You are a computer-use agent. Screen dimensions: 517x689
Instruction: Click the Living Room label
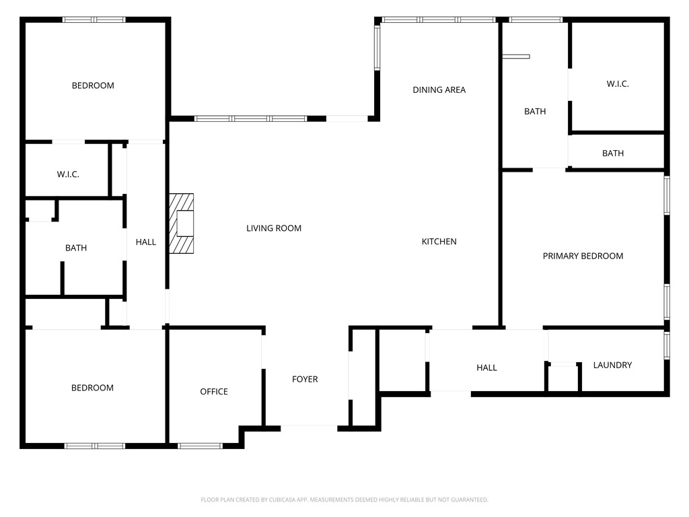(x=273, y=228)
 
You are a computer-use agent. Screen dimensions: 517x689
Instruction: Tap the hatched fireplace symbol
(x=181, y=223)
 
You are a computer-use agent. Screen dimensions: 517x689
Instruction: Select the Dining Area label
(x=439, y=90)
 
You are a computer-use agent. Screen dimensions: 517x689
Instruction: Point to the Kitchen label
(x=439, y=242)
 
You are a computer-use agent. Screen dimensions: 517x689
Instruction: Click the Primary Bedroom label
(x=583, y=256)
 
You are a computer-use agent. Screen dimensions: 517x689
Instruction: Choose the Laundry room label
(x=612, y=365)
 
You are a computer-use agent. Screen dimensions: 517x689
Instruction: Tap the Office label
(x=214, y=392)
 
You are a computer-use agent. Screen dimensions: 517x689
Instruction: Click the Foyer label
(x=305, y=380)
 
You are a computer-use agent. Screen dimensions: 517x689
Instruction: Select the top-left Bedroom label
(x=93, y=85)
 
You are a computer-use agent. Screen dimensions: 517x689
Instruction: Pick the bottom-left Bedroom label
(x=93, y=388)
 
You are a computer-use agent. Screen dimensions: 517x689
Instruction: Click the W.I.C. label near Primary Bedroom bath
(x=617, y=84)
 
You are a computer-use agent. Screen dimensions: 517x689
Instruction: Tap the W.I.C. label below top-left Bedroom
(x=68, y=174)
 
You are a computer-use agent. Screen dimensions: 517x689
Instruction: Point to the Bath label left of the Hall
(x=76, y=248)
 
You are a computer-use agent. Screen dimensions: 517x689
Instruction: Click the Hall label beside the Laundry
(x=486, y=368)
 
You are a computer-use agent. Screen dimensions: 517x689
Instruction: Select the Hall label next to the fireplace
(x=145, y=242)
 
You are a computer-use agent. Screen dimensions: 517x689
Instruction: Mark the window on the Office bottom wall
(x=200, y=445)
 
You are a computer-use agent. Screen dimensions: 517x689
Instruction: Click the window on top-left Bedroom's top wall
(x=94, y=20)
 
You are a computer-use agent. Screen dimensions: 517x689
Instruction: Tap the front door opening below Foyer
(x=309, y=427)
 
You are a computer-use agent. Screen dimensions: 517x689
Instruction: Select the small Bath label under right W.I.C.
(x=612, y=153)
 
